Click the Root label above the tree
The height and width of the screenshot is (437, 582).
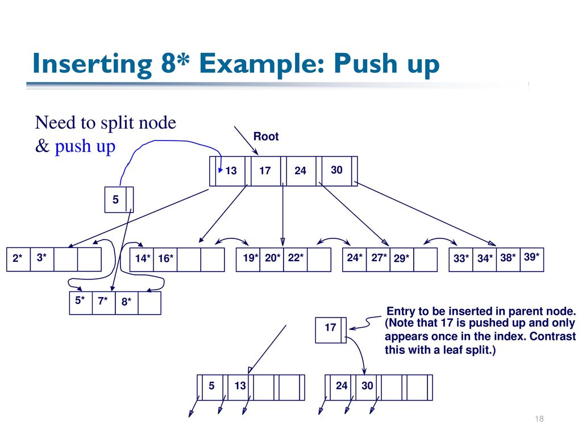click(x=266, y=137)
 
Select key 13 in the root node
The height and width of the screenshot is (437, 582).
click(x=231, y=171)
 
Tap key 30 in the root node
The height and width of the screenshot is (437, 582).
click(x=336, y=170)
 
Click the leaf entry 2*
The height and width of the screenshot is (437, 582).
click(x=18, y=258)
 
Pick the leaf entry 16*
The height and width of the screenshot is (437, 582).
click(x=165, y=258)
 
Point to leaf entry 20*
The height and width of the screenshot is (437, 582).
click(x=272, y=258)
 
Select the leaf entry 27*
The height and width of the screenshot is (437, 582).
click(x=379, y=258)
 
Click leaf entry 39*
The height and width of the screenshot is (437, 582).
click(x=531, y=257)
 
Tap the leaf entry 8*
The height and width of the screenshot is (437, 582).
click(x=127, y=302)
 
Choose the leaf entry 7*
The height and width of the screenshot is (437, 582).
click(x=103, y=300)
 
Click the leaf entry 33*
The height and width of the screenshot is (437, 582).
click(x=461, y=258)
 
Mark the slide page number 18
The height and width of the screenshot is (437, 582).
click(x=539, y=419)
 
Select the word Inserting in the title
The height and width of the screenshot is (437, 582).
click(x=93, y=64)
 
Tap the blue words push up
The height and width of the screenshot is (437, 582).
click(x=85, y=146)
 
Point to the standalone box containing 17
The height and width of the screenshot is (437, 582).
click(x=331, y=330)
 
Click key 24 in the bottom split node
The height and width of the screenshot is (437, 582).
click(x=342, y=386)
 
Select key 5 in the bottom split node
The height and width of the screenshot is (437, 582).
click(x=211, y=386)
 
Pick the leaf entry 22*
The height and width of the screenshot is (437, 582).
click(x=296, y=258)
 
